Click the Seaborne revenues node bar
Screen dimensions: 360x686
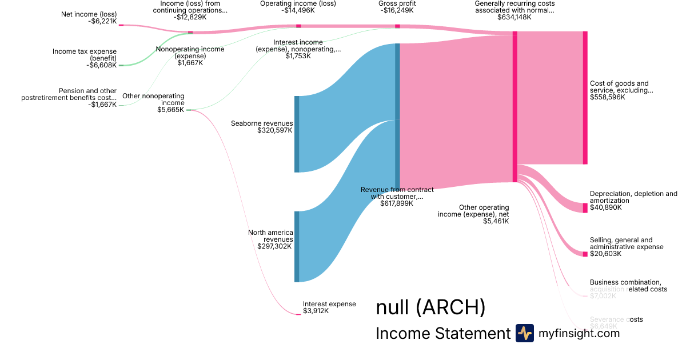[297, 134]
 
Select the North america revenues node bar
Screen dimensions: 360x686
[297, 246]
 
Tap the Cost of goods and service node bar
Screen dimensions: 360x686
[585, 98]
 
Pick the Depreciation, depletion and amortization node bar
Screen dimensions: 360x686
[585, 207]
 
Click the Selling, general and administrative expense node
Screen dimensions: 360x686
[585, 254]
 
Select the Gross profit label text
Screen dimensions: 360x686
[397, 3]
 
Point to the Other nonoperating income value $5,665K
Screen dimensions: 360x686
[170, 110]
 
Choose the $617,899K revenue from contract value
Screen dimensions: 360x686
[396, 203]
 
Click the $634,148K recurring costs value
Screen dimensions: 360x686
[514, 17]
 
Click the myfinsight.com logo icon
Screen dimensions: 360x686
[524, 333]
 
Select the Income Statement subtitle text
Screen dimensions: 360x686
[442, 333]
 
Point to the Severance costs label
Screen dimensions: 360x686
[616, 319]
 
